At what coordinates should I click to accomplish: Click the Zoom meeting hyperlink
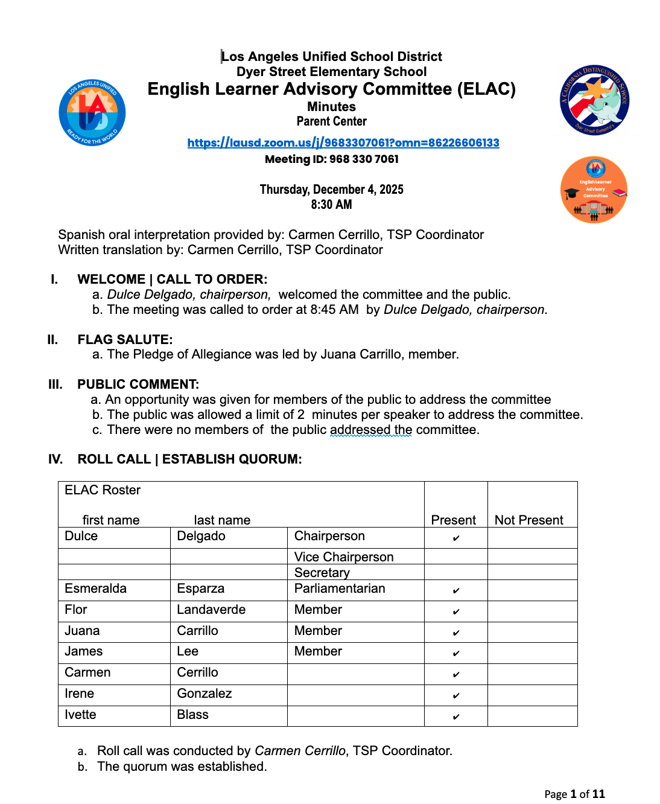point(343,143)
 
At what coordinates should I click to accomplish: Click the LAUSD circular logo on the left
point(92,113)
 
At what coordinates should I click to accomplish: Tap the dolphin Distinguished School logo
point(594,100)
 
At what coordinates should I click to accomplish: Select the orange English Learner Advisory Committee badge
point(594,190)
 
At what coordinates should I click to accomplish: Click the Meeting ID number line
point(331,159)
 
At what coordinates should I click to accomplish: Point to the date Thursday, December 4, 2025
point(331,190)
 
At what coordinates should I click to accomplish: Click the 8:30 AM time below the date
point(331,205)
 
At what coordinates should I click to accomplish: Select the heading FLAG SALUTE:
point(125,340)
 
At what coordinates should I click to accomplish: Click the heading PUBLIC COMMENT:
point(138,384)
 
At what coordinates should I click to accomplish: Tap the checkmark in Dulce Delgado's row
point(456,538)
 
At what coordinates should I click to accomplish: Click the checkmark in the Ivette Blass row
point(456,716)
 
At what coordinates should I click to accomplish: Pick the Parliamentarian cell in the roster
point(340,589)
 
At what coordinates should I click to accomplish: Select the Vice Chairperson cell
point(344,557)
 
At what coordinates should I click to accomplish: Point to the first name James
point(84,651)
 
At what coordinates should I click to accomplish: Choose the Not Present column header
point(528,520)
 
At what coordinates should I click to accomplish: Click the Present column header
point(453,520)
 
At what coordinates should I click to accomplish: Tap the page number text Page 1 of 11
point(574,794)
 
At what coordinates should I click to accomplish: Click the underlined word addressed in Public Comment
point(360,430)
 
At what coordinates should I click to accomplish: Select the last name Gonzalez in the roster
point(205,694)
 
